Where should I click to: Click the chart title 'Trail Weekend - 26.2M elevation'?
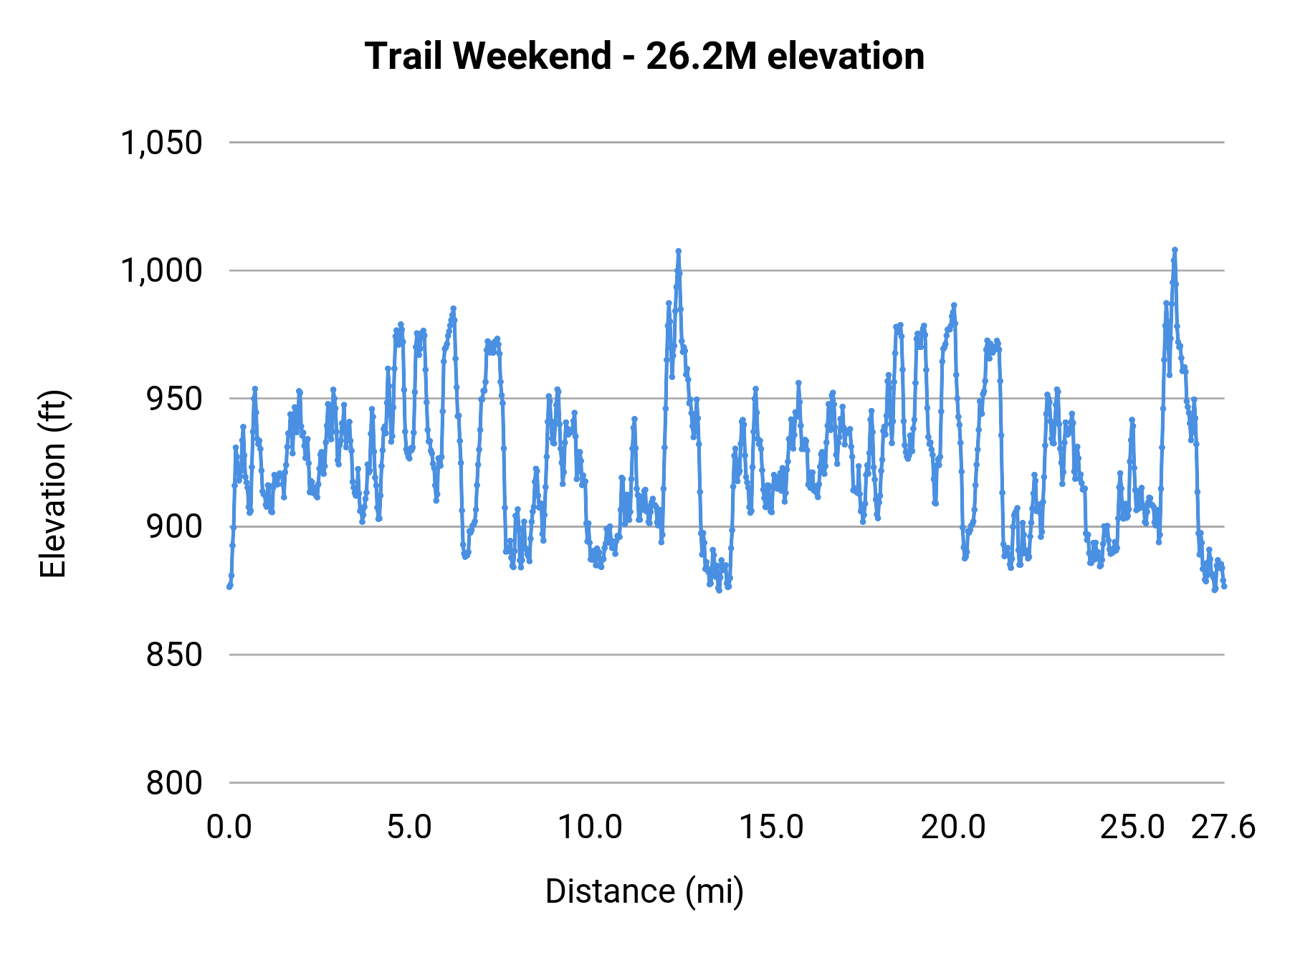tap(644, 56)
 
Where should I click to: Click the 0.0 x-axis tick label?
tap(229, 827)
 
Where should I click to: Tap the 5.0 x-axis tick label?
tap(409, 827)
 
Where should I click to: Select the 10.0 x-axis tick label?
tap(590, 827)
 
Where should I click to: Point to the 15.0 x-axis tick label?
tap(771, 827)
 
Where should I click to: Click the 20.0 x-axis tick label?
tap(952, 827)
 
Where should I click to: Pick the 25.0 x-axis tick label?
tap(1133, 827)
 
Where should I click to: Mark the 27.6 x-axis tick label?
tap(1223, 827)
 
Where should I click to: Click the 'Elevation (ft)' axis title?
tap(53, 484)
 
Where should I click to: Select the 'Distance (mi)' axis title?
tap(644, 891)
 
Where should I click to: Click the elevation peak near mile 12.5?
tap(678, 251)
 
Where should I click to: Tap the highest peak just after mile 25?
tap(1175, 250)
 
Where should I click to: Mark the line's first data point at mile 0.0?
tap(229, 587)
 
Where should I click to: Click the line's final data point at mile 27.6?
tap(1224, 587)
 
